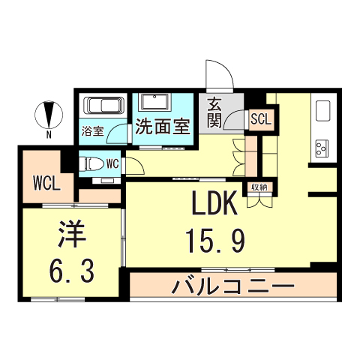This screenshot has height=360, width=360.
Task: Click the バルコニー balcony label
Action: point(232,286)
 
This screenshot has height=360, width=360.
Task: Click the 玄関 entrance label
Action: point(214,114)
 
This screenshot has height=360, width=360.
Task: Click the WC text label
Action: point(112,163)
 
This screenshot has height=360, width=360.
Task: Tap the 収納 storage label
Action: point(259,186)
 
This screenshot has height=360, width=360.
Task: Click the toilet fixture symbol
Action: point(91,164)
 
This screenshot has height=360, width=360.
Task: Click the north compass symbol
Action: point(49,115)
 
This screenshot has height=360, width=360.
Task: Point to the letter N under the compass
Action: point(49,135)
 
